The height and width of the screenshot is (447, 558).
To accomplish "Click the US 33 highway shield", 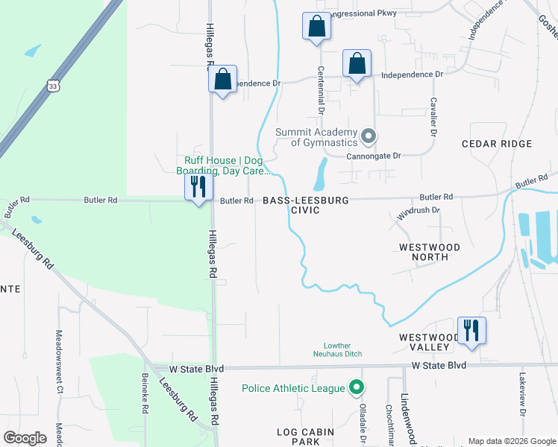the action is [x=53, y=86].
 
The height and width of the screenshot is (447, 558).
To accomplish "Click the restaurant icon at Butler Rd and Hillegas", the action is [x=198, y=186].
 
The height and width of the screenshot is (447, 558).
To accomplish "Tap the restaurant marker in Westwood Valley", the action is [x=471, y=329].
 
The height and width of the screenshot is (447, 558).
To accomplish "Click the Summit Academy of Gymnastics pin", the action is [x=367, y=136].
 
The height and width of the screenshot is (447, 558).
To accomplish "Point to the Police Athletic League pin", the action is [x=357, y=387].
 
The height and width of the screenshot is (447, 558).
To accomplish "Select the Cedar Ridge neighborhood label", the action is [x=497, y=144].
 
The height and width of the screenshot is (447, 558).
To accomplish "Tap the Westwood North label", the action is [x=429, y=252].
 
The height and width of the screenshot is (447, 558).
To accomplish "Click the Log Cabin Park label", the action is [x=298, y=437].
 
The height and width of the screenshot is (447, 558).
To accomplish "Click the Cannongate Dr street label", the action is [x=374, y=156].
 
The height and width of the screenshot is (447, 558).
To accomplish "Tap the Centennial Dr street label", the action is [x=322, y=97].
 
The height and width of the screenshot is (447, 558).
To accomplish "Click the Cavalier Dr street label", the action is [x=433, y=117].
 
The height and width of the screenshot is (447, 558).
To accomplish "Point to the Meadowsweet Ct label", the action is [x=58, y=362].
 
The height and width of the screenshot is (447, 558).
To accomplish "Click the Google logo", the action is [x=25, y=438].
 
